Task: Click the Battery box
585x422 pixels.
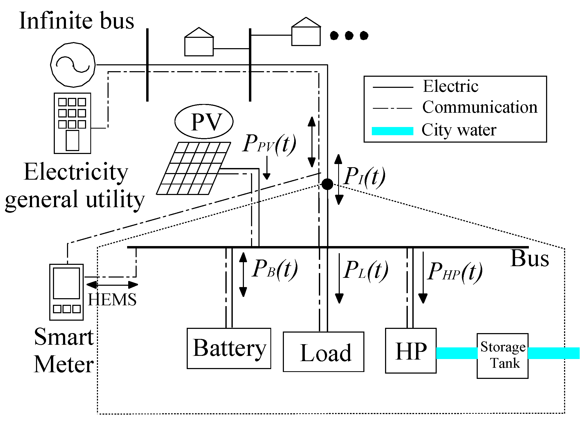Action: coord(229,348)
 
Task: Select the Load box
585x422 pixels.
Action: coord(323,352)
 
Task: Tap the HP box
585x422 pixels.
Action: coord(410,351)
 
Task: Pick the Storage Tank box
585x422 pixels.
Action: coord(502,356)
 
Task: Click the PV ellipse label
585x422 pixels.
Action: coord(204,122)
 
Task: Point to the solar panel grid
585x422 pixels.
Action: coord(194,169)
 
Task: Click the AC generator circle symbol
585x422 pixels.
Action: coord(73,65)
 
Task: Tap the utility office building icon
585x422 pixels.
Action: coord(72,123)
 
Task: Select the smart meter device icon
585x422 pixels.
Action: coord(66,292)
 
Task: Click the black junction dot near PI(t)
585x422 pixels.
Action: coord(327,184)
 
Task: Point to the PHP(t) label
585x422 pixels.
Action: coord(454,272)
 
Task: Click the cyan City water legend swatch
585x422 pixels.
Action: coord(392,131)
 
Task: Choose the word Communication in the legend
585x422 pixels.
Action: coord(480,107)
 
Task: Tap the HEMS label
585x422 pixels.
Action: coord(112,300)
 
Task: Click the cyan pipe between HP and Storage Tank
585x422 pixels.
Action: coord(457,353)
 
